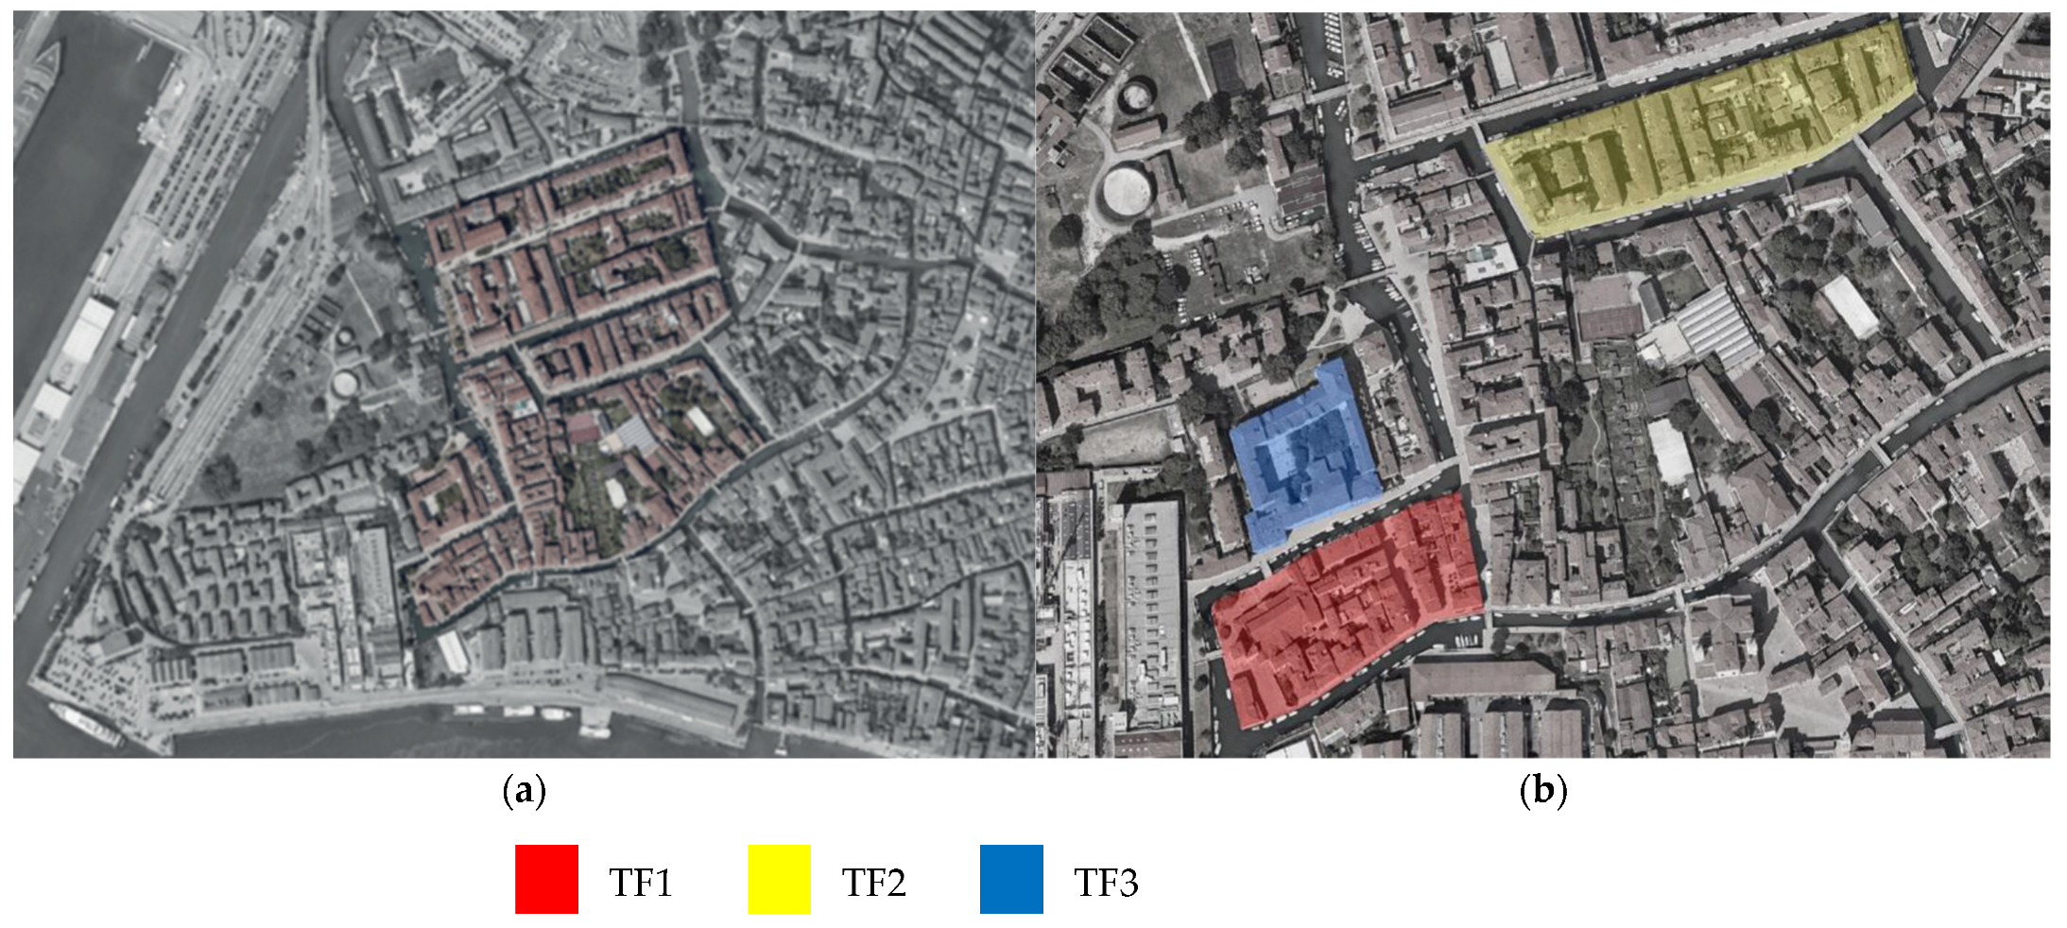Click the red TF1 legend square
(546, 879)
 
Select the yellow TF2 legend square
(779, 879)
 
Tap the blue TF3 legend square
(1011, 879)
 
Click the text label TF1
(641, 883)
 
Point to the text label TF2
(873, 883)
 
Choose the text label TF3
(1106, 883)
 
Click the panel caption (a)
(525, 790)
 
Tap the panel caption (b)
(1542, 790)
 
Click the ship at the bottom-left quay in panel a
(85, 723)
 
